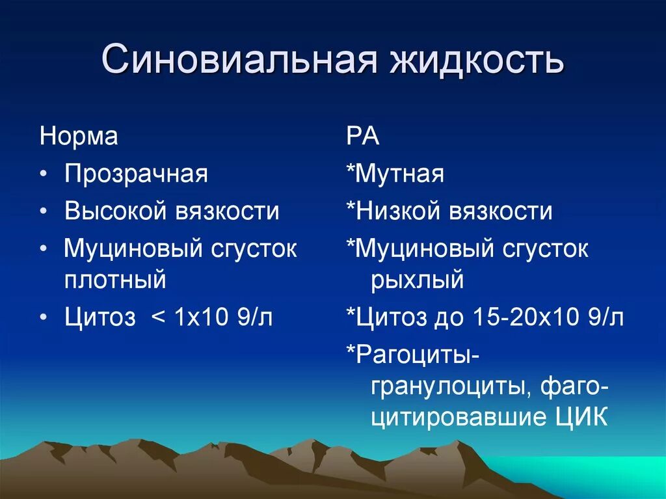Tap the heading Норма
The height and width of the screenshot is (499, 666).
coord(79,137)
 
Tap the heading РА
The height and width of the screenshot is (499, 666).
coord(362,137)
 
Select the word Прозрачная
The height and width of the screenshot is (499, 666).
coord(136,174)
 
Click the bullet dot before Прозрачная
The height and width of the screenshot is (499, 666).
coord(43,176)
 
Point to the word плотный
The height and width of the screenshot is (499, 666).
coord(115,280)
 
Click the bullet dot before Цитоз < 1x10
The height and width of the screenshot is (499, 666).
coord(43,318)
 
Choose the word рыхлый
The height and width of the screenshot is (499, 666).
coord(418,280)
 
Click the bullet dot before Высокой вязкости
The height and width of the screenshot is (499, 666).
coord(43,213)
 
